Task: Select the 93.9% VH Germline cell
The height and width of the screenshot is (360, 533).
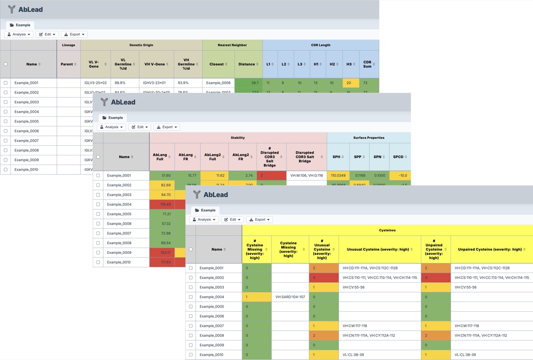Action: [186, 83]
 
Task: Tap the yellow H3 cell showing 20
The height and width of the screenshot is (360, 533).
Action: [349, 83]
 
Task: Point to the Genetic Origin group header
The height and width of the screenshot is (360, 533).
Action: [141, 45]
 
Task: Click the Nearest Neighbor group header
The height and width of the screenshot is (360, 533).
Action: [232, 45]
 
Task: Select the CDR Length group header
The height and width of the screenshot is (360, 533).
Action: [321, 45]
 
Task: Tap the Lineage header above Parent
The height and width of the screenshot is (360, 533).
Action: [68, 45]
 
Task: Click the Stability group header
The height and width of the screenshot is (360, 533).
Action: [238, 138]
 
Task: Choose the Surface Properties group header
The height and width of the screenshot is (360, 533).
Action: [369, 138]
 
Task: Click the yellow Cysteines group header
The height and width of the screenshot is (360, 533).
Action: [387, 230]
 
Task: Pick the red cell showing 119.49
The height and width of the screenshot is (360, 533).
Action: [162, 205]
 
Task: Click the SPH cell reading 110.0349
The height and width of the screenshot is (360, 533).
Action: [338, 176]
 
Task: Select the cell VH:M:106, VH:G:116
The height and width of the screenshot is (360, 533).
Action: [306, 176]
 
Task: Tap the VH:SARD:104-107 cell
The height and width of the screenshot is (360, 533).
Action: [290, 297]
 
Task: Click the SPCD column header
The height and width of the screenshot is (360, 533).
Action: [398, 157]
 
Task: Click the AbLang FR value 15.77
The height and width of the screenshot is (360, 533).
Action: [187, 176]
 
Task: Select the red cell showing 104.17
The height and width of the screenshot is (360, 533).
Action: [162, 253]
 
